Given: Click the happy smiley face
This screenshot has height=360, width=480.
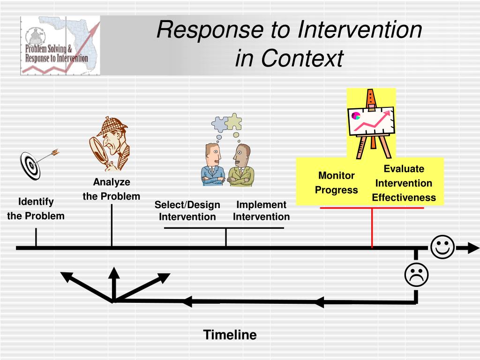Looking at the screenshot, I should (442, 247).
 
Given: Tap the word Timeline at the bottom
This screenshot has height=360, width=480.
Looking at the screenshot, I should (230, 335).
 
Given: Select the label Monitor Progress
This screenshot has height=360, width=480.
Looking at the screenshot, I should (336, 183).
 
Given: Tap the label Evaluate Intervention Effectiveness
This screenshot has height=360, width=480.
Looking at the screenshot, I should (404, 183).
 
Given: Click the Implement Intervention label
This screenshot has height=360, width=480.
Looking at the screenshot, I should (261, 210).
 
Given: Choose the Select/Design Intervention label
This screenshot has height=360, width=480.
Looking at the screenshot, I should (187, 210).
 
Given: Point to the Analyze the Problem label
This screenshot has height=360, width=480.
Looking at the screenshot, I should (112, 189).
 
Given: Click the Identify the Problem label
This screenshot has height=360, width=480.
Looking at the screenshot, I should (36, 209).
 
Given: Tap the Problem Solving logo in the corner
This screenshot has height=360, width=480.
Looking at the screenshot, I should (60, 45).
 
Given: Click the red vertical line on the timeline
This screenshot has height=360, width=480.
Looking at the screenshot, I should (372, 227).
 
